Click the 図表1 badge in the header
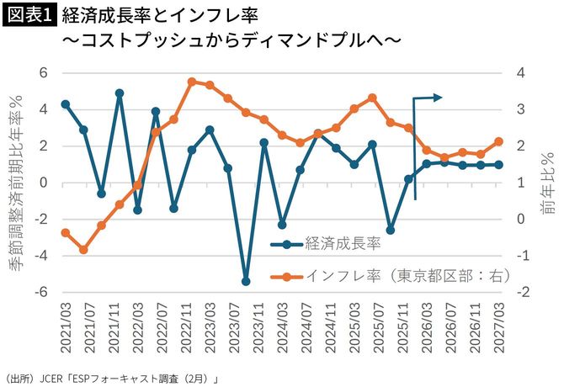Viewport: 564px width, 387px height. tap(29, 16)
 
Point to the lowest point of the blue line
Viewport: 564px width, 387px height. tap(246, 281)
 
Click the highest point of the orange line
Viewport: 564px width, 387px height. tap(191, 82)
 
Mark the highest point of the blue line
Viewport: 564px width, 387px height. tap(120, 93)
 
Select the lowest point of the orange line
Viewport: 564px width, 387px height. tap(83, 250)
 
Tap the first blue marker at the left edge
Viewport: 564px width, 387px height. tap(66, 104)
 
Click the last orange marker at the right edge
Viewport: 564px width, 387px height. tap(498, 141)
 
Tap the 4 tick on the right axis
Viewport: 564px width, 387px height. tap(522, 73)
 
